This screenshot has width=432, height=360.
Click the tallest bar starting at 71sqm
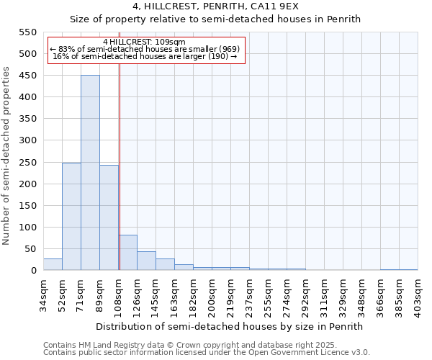click(90, 173)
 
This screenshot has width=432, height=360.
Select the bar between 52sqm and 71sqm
click(71, 217)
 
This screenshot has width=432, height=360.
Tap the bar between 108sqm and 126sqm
click(127, 253)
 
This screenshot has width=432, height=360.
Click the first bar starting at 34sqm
click(53, 264)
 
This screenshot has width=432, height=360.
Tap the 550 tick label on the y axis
click(28, 32)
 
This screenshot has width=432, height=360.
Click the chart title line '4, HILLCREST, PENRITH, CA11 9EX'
click(215, 6)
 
